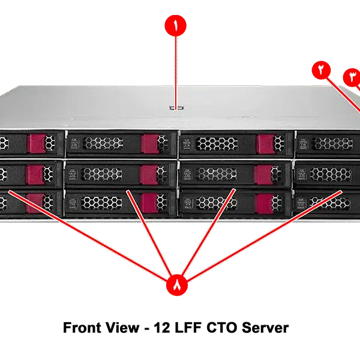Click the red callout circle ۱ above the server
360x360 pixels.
pyautogui.click(x=175, y=27)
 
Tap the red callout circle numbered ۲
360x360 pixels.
pyautogui.click(x=322, y=70)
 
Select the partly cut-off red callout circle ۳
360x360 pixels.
pyautogui.click(x=352, y=77)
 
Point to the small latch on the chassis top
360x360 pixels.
pyautogui.click(x=175, y=109)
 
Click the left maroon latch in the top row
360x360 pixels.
pyautogui.click(x=36, y=143)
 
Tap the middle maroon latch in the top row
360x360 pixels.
pyautogui.click(x=149, y=143)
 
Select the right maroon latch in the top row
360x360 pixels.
pyautogui.click(x=265, y=143)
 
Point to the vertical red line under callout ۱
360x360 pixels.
pyautogui.click(x=175, y=72)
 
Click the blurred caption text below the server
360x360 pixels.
pyautogui.click(x=178, y=329)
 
